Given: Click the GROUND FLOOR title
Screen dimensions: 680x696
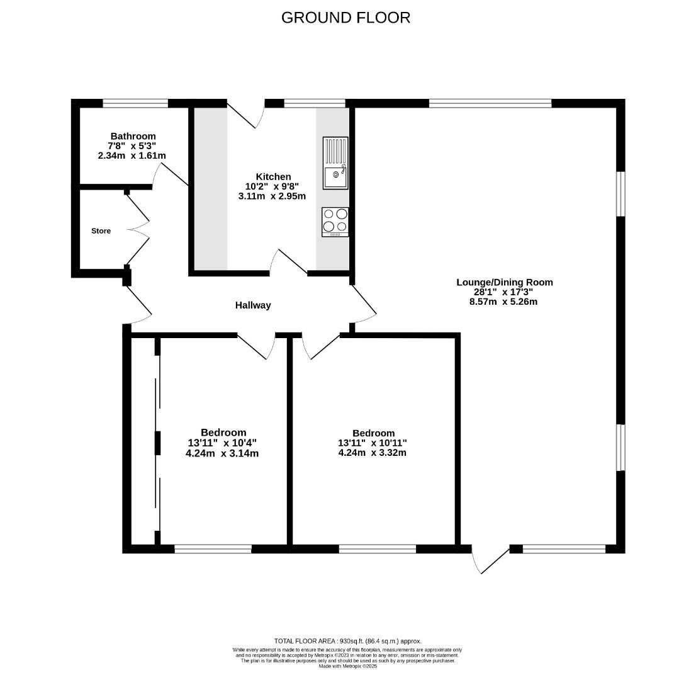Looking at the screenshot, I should click(345, 18).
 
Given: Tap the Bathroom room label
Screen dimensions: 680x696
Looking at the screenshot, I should click(133, 136).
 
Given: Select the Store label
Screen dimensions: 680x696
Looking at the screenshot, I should click(101, 231).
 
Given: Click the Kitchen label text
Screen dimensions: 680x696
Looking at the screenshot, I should click(273, 176).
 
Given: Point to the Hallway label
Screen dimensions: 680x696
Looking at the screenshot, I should click(253, 305).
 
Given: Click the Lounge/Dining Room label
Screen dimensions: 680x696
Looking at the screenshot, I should click(504, 282).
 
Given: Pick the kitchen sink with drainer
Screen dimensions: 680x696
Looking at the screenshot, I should click(335, 162).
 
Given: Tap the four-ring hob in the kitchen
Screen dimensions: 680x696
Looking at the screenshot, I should click(335, 222).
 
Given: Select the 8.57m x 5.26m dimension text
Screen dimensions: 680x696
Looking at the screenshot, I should click(503, 302).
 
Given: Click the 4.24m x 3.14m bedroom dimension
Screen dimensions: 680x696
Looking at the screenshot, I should click(222, 453).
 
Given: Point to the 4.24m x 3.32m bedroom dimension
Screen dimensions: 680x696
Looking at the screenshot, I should click(373, 452).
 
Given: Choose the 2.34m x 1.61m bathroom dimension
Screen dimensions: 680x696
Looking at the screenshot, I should click(132, 155).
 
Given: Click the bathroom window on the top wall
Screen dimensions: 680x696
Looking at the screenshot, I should click(135, 103).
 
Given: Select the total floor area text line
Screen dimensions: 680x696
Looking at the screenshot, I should click(347, 641).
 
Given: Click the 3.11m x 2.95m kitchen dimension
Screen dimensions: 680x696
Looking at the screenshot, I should click(272, 196).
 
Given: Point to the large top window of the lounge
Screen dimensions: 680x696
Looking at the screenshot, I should click(490, 103).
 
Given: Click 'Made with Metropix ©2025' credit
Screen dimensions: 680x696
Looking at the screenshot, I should click(347, 666).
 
